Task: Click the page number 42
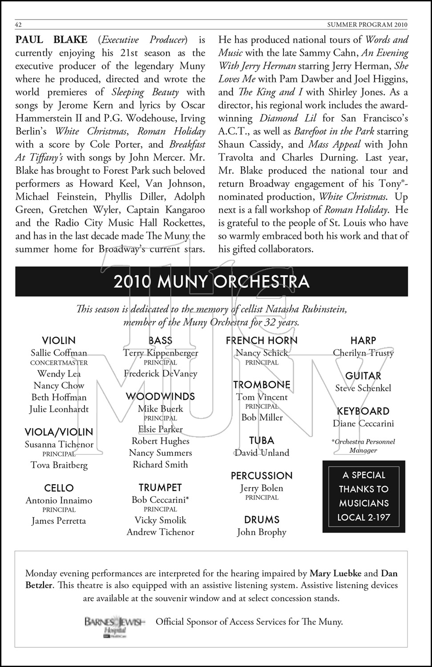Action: [x=19, y=24]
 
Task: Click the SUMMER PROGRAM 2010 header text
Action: [x=367, y=24]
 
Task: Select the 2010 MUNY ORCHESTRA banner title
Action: [x=211, y=282]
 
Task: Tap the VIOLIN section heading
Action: [x=59, y=341]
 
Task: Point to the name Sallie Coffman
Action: [x=59, y=353]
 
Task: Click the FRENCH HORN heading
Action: [x=262, y=341]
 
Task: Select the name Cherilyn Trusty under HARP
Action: [x=363, y=353]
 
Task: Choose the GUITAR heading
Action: [x=363, y=376]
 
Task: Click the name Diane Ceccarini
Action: [x=363, y=423]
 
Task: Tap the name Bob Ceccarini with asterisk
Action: [x=160, y=500]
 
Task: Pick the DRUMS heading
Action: [x=262, y=520]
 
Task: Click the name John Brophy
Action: [x=262, y=532]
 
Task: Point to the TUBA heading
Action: [x=262, y=441]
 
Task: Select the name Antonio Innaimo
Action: [x=59, y=500]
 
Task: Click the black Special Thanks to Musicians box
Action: [x=363, y=496]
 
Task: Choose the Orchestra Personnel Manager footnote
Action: [x=363, y=446]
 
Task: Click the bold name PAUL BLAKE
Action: [x=51, y=40]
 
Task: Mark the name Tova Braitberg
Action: [x=59, y=465]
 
